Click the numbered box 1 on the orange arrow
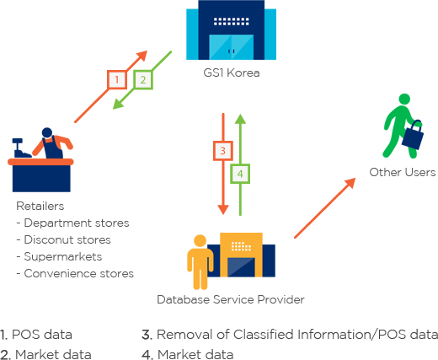click(x=117, y=80)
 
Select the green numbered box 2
click(x=143, y=80)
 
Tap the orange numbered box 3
click(x=223, y=151)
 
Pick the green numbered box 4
click(x=240, y=174)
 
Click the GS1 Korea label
click(x=232, y=73)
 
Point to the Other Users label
click(x=403, y=172)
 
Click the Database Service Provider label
click(x=231, y=299)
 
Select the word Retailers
click(x=40, y=206)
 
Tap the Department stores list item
click(x=72, y=223)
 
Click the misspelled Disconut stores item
click(x=63, y=239)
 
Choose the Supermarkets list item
click(x=59, y=256)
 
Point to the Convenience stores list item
click(x=75, y=273)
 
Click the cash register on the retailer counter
click(x=21, y=148)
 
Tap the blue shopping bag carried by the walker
click(x=413, y=135)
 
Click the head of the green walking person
click(x=404, y=99)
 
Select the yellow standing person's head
click(x=200, y=241)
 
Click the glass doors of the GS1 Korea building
click(x=232, y=47)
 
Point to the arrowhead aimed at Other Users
click(x=350, y=183)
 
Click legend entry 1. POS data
click(x=36, y=335)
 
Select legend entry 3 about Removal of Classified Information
click(x=290, y=335)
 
